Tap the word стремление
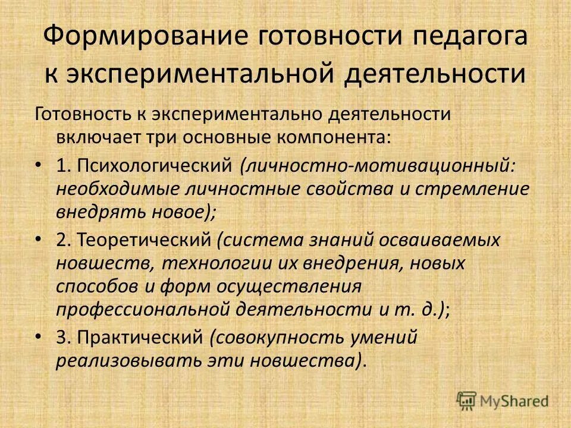click(470, 188)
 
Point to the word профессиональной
click(142, 309)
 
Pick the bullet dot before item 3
click(39, 337)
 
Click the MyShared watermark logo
click(503, 401)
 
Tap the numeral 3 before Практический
click(61, 337)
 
